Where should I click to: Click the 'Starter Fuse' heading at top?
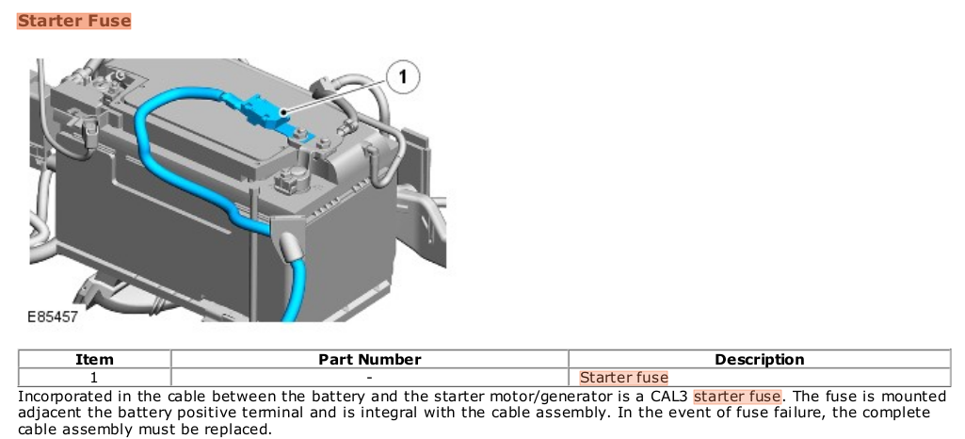[73, 21]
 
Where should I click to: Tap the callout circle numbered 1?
[403, 77]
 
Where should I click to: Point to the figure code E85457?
[53, 317]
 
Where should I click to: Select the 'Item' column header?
[94, 360]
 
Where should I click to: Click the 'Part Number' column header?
[369, 360]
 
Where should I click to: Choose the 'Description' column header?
[760, 360]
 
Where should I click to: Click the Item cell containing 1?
[94, 377]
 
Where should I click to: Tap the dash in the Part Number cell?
[369, 377]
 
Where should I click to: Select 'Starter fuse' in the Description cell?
[623, 377]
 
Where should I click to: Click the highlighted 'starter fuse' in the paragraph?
[737, 396]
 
